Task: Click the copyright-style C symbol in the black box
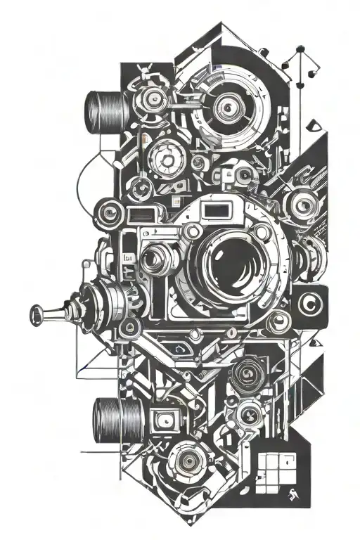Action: coord(308,304)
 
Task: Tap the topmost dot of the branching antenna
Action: coord(301,51)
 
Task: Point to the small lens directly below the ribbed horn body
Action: coord(129,327)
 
